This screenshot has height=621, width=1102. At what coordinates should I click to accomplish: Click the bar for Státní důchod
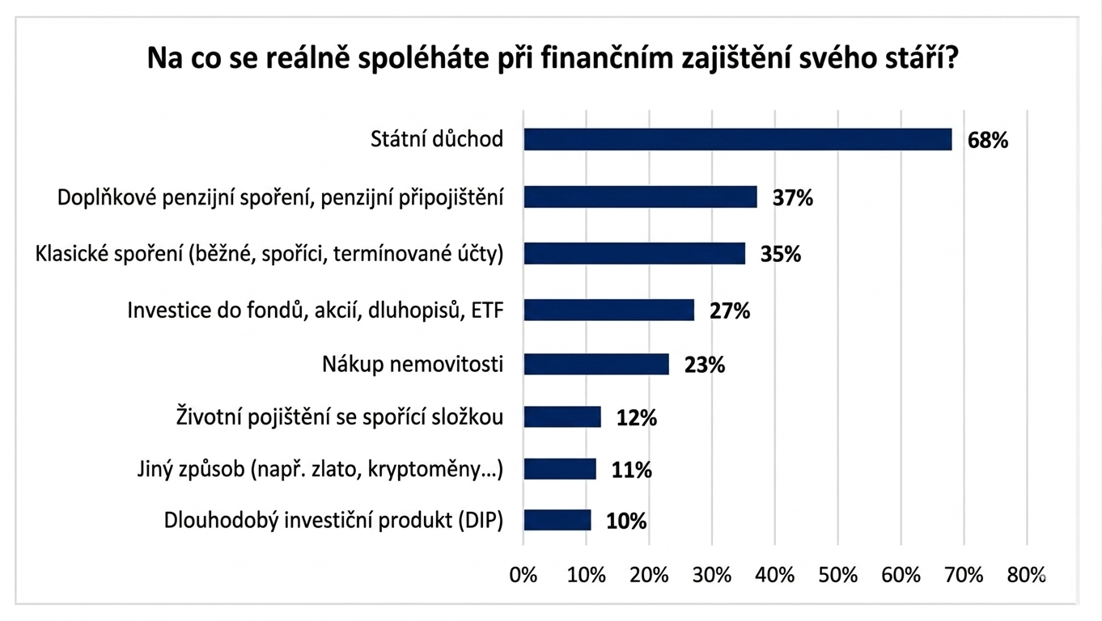click(x=737, y=139)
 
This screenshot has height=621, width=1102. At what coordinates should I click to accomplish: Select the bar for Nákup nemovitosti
click(x=596, y=364)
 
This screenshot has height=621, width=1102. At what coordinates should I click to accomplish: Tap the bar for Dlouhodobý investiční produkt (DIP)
click(x=557, y=520)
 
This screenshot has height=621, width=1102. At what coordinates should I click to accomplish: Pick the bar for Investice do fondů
click(x=608, y=310)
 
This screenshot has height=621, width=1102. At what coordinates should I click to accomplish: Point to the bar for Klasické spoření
click(x=634, y=253)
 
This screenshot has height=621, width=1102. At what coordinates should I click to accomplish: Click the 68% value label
click(x=988, y=140)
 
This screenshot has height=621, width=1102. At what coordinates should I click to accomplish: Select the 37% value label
click(x=792, y=197)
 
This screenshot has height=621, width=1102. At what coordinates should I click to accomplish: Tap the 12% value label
click(x=636, y=417)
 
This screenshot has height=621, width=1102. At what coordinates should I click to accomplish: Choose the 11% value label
click(x=631, y=470)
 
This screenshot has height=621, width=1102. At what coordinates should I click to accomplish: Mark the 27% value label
click(x=730, y=310)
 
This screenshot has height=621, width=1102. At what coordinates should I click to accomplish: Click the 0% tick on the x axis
click(x=523, y=575)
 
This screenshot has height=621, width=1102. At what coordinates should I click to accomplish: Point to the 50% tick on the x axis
click(x=838, y=575)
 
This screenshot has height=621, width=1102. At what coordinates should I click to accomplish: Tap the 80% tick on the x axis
click(x=1027, y=575)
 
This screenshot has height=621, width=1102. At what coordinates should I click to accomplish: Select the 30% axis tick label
click(x=712, y=575)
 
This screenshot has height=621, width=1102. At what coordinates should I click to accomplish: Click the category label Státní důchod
click(x=437, y=139)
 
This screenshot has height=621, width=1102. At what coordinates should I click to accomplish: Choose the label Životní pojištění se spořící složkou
click(x=340, y=417)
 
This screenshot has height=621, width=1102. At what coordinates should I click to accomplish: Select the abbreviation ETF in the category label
click(x=486, y=310)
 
